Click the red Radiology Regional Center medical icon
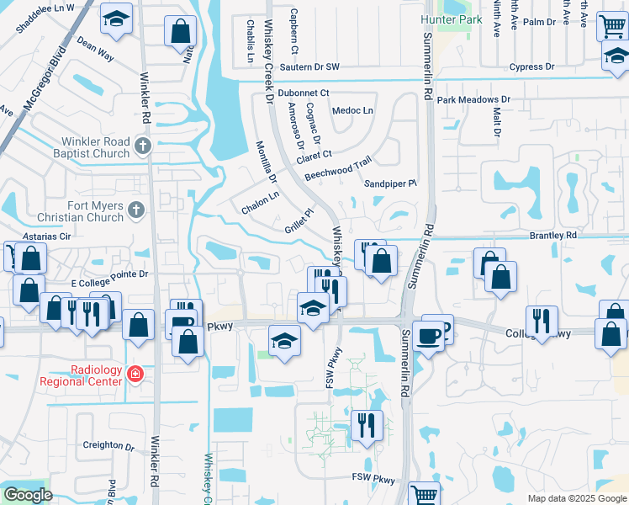point(133,373)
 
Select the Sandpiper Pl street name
point(390,183)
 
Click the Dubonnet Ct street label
point(304,93)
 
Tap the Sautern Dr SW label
point(309,66)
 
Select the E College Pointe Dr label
point(108,274)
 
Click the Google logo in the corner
point(28,495)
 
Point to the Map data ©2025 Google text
point(576,498)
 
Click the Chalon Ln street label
point(259,202)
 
